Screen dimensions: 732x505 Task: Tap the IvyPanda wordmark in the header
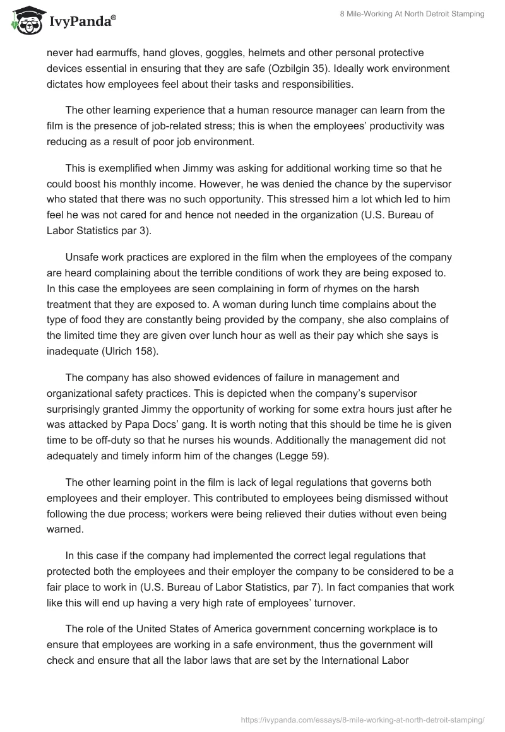coord(81,21)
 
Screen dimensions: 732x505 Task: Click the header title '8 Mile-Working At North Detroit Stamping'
coord(408,15)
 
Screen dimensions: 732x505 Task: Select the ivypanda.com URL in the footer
coord(362,718)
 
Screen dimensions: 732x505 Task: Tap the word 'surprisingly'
coord(78,408)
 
